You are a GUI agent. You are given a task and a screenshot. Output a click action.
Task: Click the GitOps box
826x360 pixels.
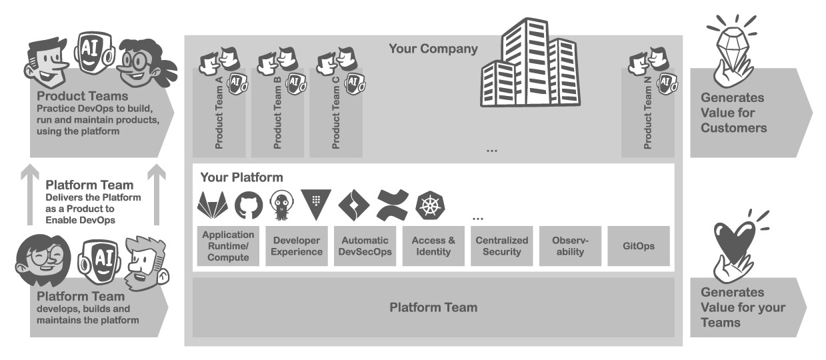[639, 246]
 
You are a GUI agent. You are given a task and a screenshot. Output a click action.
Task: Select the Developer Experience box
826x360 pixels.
[297, 246]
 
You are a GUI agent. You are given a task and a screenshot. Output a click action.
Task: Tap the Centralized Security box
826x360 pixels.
[502, 246]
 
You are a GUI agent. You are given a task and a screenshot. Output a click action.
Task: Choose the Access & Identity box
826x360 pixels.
[433, 246]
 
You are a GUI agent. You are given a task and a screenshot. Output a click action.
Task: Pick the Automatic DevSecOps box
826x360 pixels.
[365, 246]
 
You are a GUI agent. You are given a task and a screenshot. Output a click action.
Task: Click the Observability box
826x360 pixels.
[570, 246]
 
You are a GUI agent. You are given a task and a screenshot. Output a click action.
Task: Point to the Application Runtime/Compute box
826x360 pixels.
[228, 246]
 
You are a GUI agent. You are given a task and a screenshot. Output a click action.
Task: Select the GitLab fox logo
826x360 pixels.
[213, 205]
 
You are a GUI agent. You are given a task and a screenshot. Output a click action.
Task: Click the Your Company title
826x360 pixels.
[433, 49]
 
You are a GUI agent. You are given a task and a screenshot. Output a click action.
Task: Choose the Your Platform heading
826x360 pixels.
[241, 178]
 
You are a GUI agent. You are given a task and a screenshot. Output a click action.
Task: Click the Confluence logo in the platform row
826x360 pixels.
[392, 205]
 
